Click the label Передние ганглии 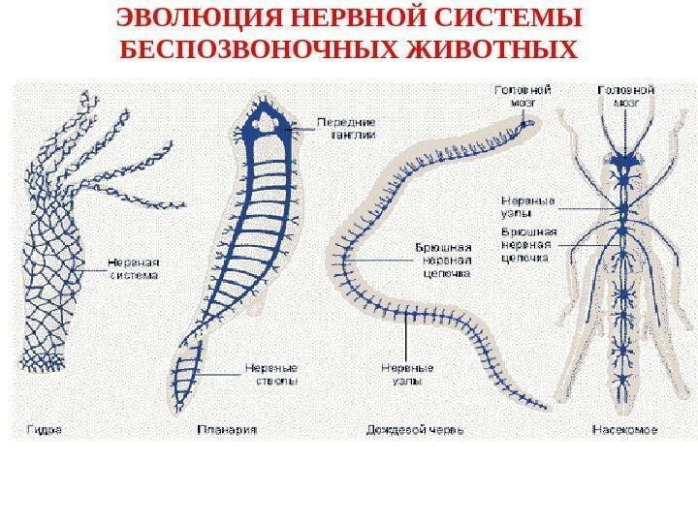click(347, 129)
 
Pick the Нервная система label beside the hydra click(133, 266)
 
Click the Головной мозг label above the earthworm click(523, 93)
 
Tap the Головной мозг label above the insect click(625, 93)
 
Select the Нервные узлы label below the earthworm click(407, 374)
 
